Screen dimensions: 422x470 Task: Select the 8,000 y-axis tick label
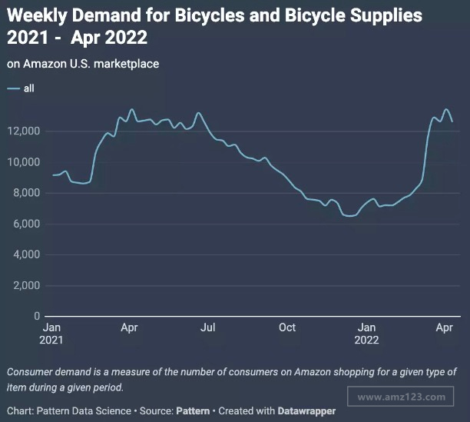click(x=26, y=193)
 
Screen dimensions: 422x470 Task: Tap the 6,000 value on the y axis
click(x=26, y=224)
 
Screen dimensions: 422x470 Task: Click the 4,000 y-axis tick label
click(x=26, y=254)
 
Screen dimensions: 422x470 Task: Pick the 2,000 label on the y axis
click(x=26, y=285)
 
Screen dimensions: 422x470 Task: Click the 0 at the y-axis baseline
click(x=35, y=316)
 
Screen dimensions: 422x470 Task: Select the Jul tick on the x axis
click(x=207, y=327)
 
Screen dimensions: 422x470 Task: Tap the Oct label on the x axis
click(x=286, y=327)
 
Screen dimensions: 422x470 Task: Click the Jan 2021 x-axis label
click(x=51, y=333)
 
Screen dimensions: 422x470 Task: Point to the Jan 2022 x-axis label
click(x=367, y=333)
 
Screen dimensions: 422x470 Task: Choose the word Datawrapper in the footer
click(x=307, y=411)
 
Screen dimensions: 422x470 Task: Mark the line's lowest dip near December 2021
click(x=351, y=216)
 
